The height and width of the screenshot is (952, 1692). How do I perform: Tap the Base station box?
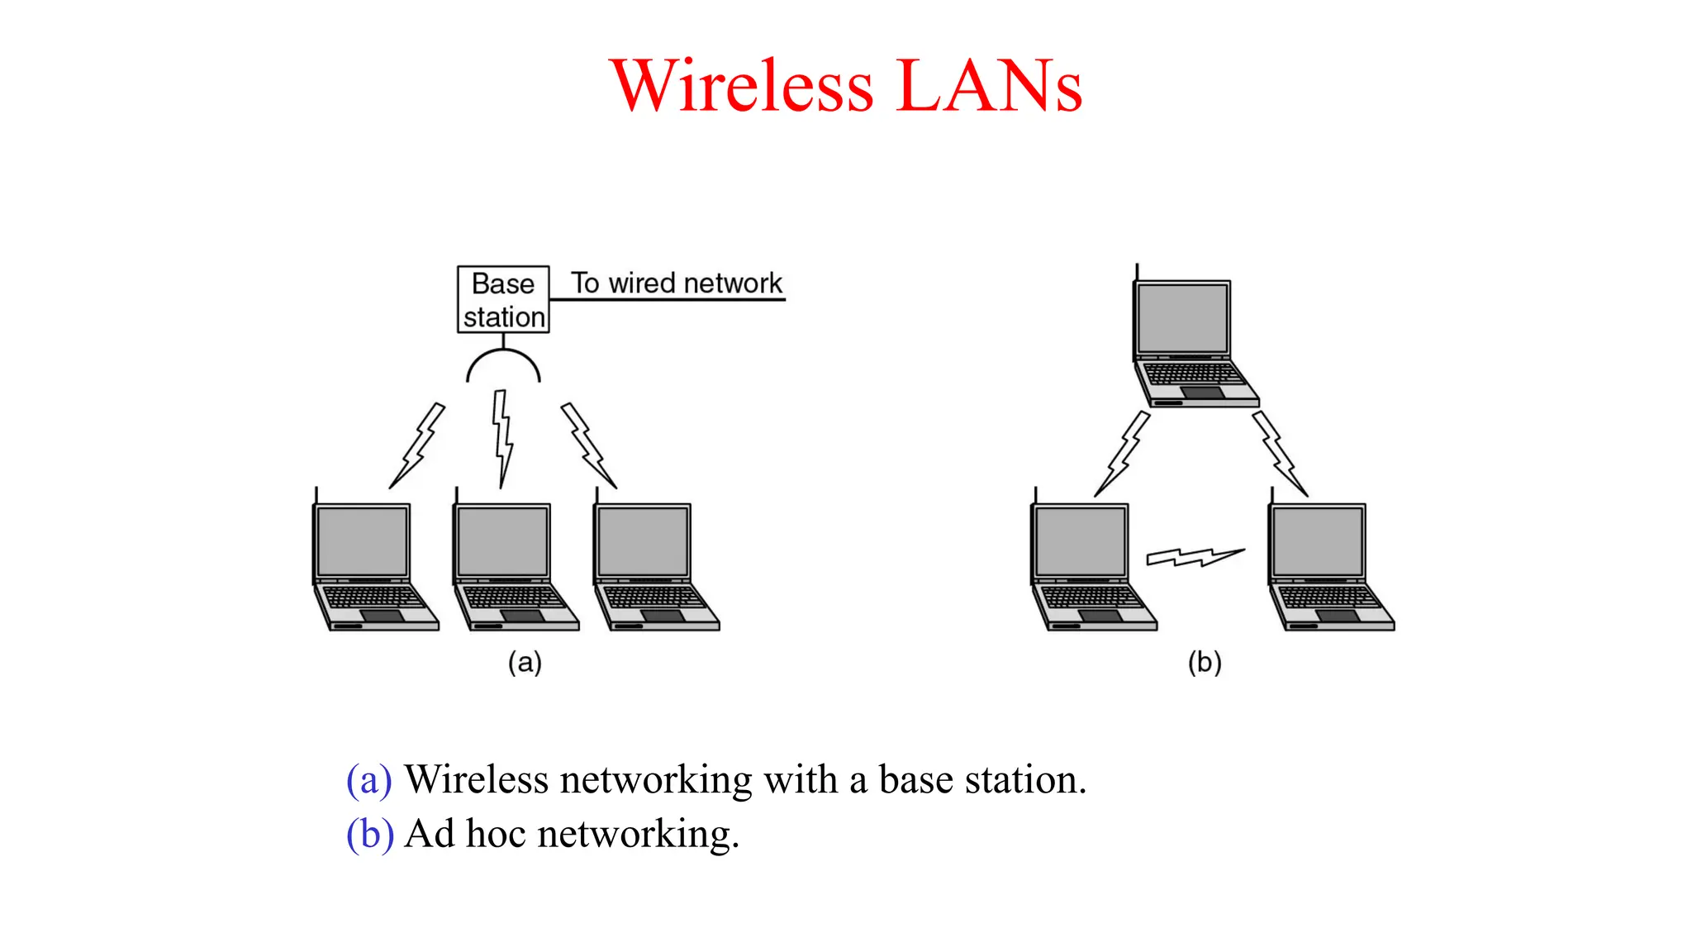click(x=503, y=300)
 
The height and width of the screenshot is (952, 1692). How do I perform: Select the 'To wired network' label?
click(x=676, y=283)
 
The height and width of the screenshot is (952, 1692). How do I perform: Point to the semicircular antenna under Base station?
click(x=503, y=364)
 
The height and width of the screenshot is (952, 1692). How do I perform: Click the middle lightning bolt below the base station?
click(x=502, y=439)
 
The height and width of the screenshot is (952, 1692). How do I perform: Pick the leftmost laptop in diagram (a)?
click(x=373, y=565)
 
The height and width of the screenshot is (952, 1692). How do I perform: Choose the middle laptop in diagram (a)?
click(x=514, y=565)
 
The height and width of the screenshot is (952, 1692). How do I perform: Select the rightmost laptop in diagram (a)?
click(x=654, y=565)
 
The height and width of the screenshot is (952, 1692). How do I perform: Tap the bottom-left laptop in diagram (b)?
click(x=1092, y=565)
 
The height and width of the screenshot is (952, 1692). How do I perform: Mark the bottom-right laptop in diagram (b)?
click(x=1329, y=565)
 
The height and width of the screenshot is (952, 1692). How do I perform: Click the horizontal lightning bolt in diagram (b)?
click(x=1195, y=557)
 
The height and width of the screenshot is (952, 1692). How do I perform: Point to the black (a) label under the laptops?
click(x=525, y=663)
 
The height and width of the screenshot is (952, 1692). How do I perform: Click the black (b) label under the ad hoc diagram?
click(x=1205, y=663)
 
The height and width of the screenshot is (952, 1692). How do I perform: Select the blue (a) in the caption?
click(x=368, y=780)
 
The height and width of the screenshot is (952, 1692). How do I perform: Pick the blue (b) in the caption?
click(x=369, y=834)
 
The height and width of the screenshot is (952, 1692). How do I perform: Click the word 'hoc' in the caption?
click(x=496, y=834)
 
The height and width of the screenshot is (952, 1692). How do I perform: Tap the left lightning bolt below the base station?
click(x=418, y=445)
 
